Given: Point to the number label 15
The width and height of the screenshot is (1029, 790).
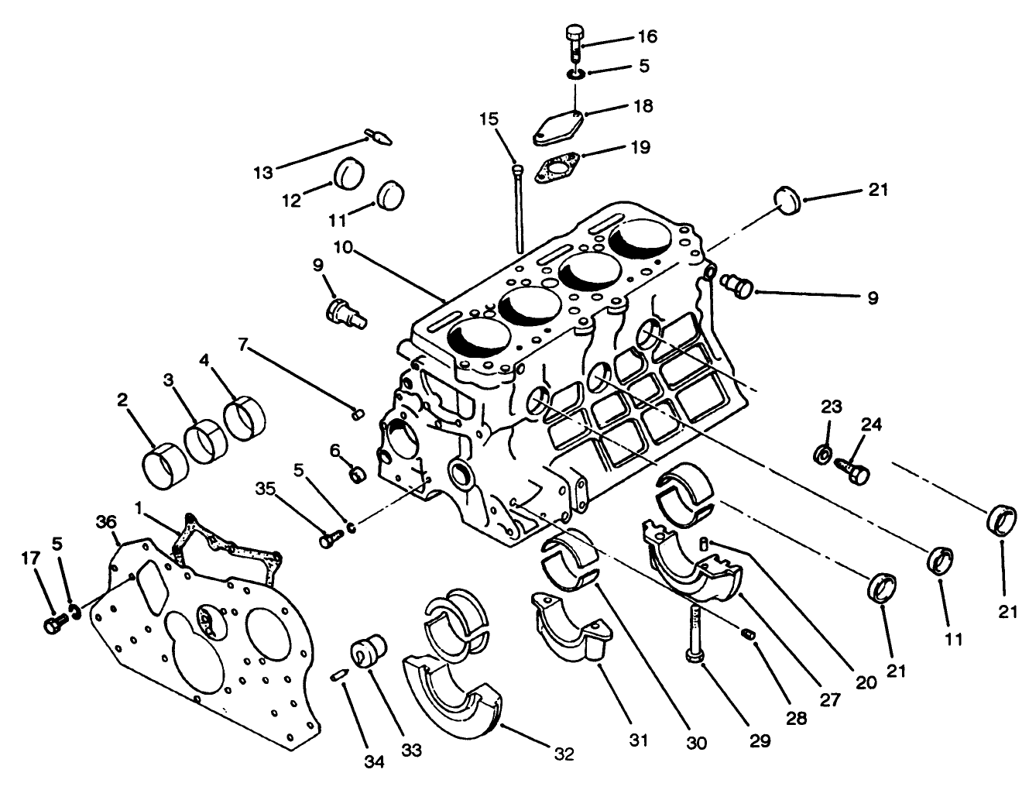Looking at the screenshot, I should [489, 119].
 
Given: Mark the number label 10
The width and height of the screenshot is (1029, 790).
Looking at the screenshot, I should [345, 247].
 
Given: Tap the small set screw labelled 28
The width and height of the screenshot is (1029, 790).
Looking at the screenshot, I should [748, 635].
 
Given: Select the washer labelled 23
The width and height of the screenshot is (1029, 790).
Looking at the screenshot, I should [824, 452].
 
